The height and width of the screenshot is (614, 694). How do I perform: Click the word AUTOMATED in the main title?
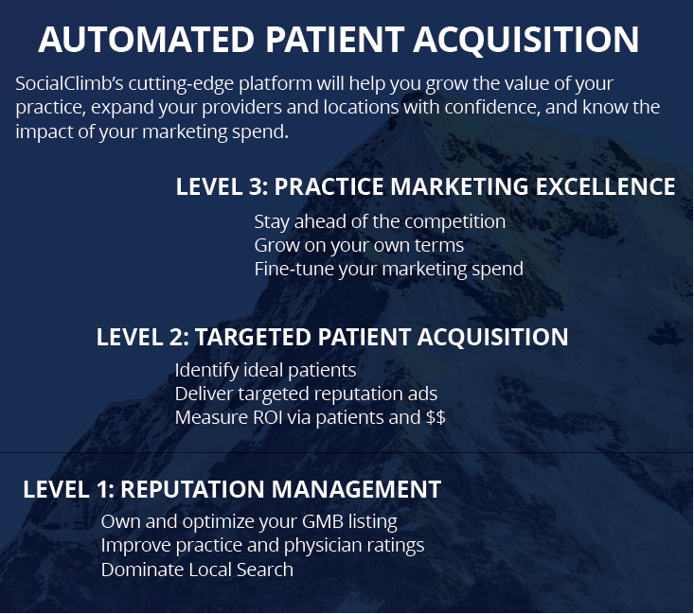(x=146, y=40)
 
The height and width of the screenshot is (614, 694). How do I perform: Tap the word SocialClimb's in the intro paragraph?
(x=69, y=83)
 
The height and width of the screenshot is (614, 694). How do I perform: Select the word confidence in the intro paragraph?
(x=492, y=107)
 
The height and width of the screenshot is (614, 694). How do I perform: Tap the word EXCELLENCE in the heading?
(x=605, y=186)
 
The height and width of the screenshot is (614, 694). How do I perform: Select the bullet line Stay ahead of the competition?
(x=380, y=221)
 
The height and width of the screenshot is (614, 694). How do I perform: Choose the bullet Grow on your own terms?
(x=359, y=246)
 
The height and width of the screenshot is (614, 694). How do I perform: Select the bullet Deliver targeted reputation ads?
(x=306, y=395)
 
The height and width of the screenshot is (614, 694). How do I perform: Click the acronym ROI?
(x=267, y=417)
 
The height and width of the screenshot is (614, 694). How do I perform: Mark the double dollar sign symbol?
(x=436, y=417)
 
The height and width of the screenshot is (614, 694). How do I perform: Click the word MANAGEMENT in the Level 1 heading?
(x=356, y=489)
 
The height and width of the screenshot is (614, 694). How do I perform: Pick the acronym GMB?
(x=323, y=522)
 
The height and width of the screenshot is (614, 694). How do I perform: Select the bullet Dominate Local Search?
(x=197, y=570)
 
